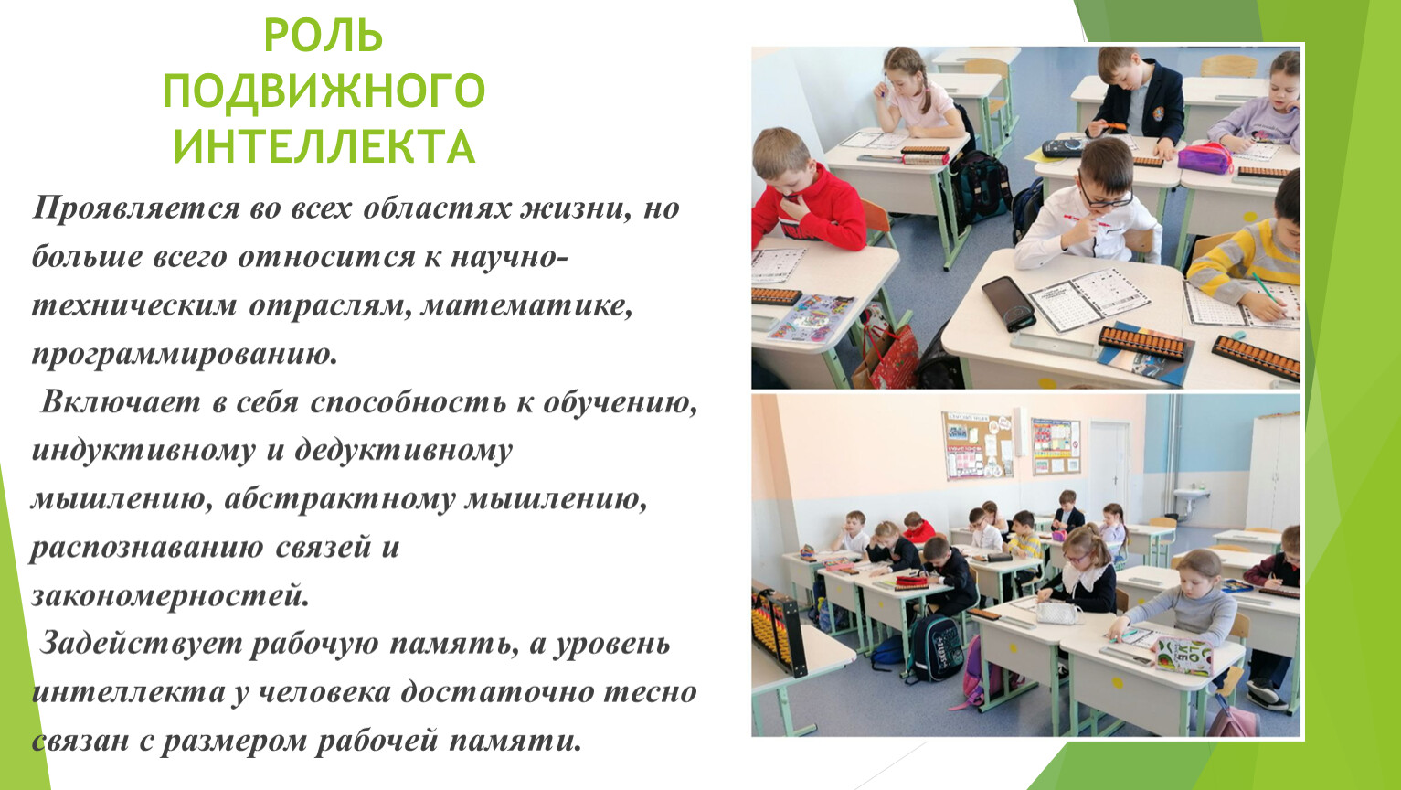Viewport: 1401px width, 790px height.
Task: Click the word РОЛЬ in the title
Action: pos(324,37)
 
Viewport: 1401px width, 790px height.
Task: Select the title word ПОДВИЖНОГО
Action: pos(324,91)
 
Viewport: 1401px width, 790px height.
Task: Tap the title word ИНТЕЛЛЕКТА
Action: pos(324,146)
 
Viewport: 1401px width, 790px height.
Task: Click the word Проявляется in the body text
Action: pos(136,208)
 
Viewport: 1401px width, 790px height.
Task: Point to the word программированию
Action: pos(185,355)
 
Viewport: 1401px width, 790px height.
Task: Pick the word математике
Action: pos(526,305)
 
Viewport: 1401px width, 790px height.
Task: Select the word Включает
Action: pos(120,402)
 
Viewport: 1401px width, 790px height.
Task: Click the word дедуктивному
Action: pos(403,452)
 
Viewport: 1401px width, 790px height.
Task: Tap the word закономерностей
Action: pos(170,595)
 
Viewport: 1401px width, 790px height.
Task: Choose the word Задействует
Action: pos(141,644)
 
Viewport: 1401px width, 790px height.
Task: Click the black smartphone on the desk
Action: pos(1008,303)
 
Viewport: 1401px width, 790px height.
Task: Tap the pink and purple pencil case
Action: pos(1205,158)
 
